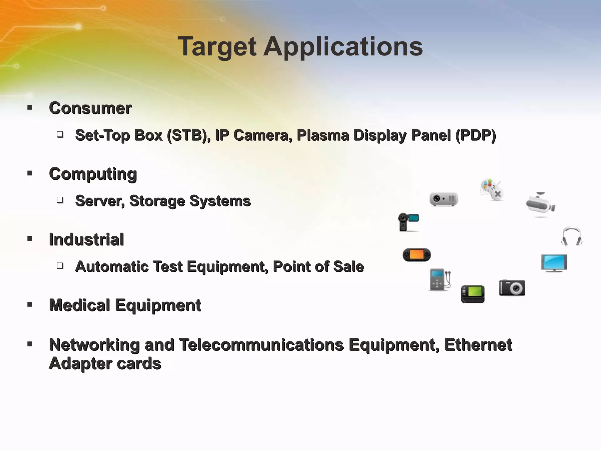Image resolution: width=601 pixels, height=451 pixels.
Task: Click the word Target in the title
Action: point(217,47)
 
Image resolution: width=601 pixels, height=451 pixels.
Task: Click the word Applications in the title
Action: point(343,47)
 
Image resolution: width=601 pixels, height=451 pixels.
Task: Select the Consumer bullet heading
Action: point(90,108)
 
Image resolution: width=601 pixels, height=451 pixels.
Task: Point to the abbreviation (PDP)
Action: point(475,135)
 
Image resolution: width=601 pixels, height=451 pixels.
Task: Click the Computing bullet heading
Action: point(93,174)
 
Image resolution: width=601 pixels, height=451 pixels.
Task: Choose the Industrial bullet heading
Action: point(86,239)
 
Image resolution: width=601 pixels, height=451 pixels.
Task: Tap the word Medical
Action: point(80,305)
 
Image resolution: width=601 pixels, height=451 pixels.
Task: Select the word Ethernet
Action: point(478,345)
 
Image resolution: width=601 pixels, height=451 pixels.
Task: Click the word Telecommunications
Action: point(261,345)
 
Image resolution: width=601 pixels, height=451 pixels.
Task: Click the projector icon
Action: point(444,199)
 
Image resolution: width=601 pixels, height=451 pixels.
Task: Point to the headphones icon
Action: point(571,236)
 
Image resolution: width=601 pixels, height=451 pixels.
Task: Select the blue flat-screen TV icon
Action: point(554,263)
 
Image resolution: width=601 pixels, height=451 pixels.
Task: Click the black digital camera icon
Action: point(512,288)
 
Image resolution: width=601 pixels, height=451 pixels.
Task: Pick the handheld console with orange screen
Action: point(416,255)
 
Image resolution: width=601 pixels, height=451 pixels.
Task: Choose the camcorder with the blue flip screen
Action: point(408,222)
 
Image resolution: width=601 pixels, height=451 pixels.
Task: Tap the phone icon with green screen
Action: point(473,294)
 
